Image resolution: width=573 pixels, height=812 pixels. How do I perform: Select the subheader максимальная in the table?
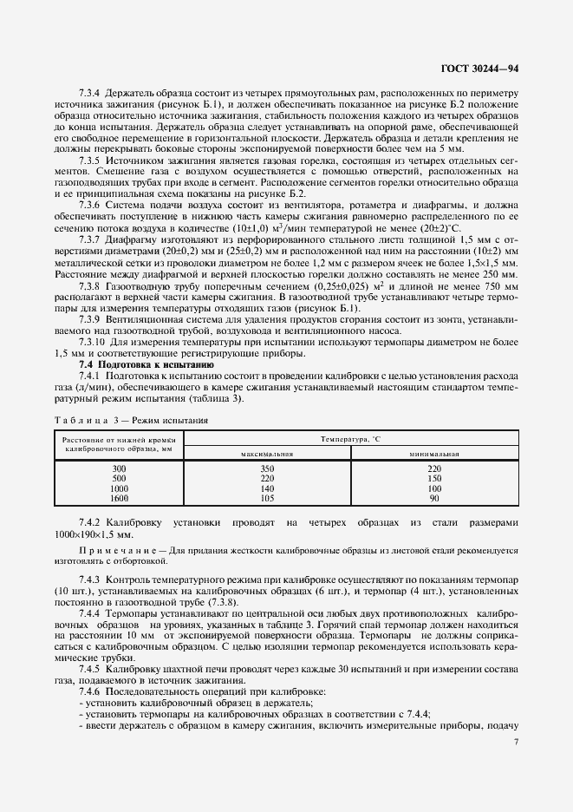266,454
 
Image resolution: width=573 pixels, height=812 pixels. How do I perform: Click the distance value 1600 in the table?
119,498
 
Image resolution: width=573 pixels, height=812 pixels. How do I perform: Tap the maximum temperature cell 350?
266,468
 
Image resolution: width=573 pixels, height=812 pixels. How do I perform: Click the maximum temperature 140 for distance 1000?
266,488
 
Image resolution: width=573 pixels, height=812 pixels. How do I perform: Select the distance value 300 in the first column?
119,468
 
